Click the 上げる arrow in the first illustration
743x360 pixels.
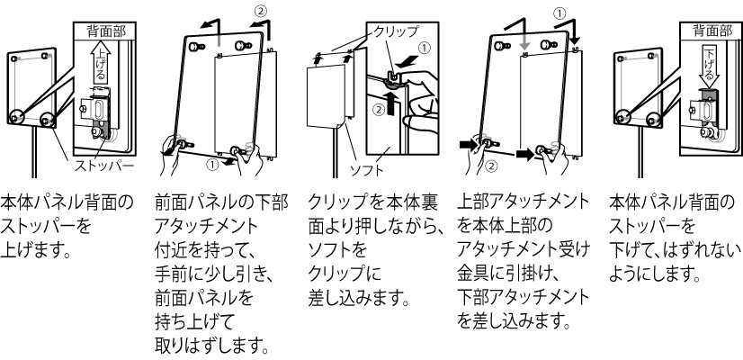[102, 66]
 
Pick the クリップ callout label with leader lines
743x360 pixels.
[395, 31]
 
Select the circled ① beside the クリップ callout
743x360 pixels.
[425, 48]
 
